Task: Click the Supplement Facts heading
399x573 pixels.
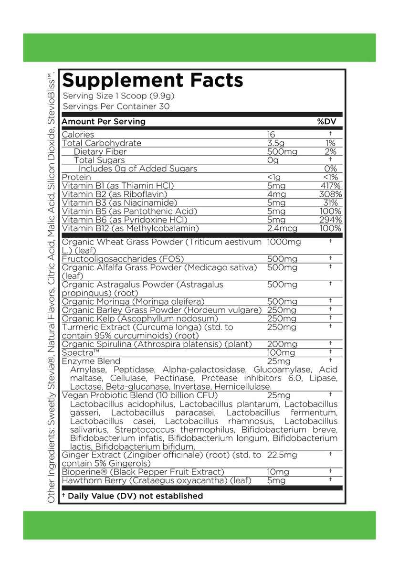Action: tap(153, 80)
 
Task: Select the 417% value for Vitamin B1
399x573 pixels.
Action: tap(331, 185)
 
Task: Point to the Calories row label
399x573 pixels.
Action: tap(78, 135)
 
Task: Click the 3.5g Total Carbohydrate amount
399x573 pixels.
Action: tap(276, 143)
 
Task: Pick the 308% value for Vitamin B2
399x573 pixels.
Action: tap(330, 194)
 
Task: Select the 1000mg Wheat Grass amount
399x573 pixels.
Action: tap(285, 242)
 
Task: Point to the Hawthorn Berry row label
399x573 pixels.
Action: tap(157, 480)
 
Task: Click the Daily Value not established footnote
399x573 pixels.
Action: tap(132, 496)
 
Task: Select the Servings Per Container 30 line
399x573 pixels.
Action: tap(116, 106)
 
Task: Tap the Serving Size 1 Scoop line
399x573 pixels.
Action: tap(122, 95)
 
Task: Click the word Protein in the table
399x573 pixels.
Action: tap(76, 177)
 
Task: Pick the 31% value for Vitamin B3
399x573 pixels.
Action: tap(333, 202)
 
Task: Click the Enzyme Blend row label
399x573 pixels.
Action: tap(91, 361)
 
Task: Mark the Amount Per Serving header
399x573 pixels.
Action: tap(104, 122)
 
